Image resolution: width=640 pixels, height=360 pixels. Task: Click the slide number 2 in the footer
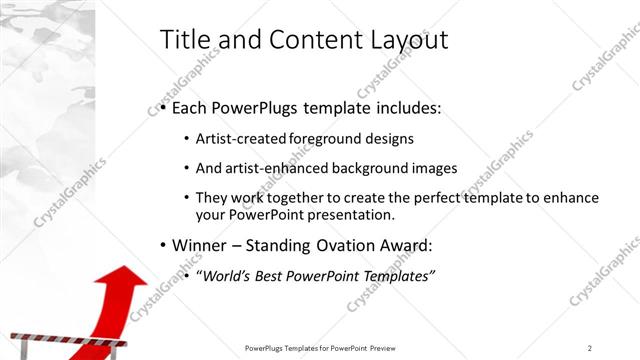590,347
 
